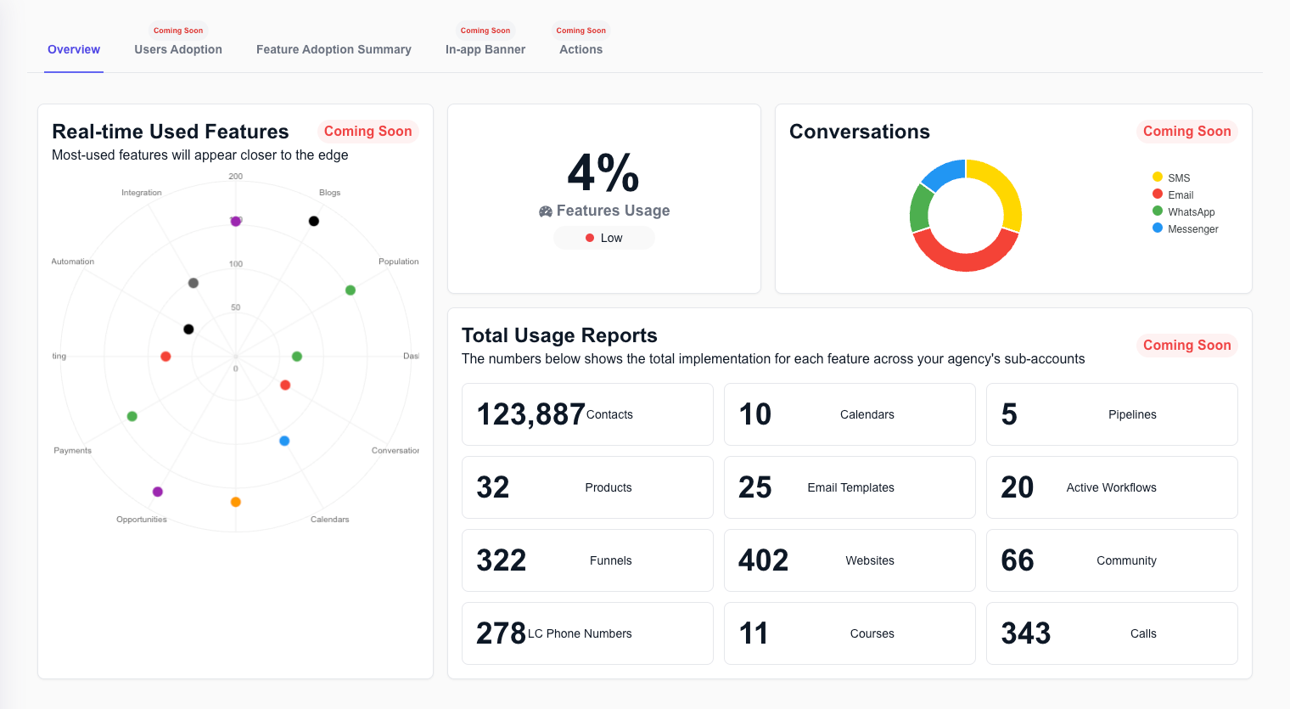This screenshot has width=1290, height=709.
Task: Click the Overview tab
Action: (x=74, y=49)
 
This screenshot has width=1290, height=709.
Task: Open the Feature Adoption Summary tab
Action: (x=334, y=49)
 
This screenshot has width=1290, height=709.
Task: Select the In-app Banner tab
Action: (x=485, y=49)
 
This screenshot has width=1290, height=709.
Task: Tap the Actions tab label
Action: (x=580, y=49)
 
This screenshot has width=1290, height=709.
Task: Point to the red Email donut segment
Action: (x=965, y=258)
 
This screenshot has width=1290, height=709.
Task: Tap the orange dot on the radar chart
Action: (x=236, y=502)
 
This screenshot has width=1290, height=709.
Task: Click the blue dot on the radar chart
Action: (x=284, y=442)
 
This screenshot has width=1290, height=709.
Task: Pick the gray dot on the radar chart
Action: (x=193, y=284)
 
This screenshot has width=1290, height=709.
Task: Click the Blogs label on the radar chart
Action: (x=329, y=193)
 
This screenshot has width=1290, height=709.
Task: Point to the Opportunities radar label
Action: (x=142, y=520)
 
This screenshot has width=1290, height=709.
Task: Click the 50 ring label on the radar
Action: (x=236, y=307)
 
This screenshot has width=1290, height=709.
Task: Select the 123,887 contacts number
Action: (x=530, y=414)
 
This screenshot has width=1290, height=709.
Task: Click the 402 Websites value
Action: (x=763, y=560)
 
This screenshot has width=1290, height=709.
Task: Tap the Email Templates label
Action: (x=850, y=488)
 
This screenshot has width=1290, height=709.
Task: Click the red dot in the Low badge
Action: (x=590, y=238)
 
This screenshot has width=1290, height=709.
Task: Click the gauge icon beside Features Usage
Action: (x=546, y=211)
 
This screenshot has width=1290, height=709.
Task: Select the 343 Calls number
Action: (x=1026, y=633)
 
